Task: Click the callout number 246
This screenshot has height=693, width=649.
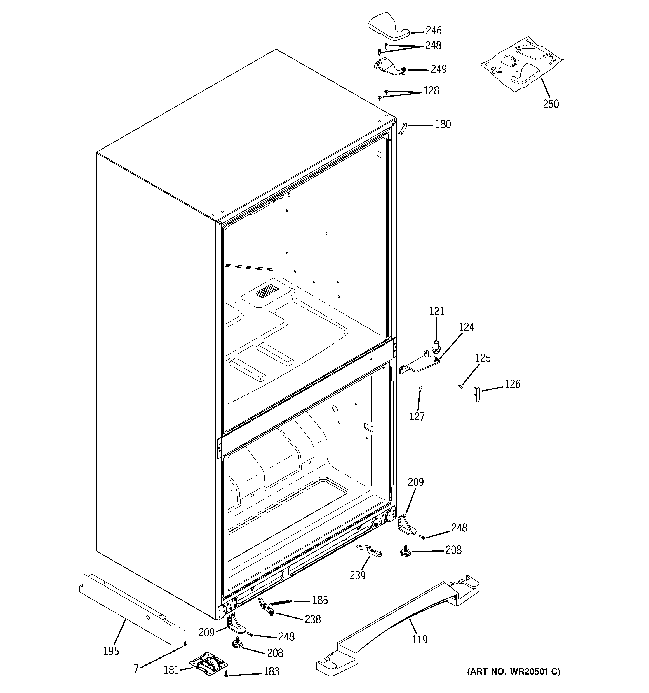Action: [433, 31]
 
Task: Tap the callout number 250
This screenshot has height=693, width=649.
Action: [551, 104]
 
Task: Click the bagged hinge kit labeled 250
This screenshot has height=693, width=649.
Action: [521, 64]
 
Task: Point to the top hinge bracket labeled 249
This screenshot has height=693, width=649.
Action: [389, 66]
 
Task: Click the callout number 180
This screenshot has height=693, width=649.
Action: [443, 124]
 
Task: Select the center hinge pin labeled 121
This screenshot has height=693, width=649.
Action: [434, 347]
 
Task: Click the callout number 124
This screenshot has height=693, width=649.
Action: [466, 327]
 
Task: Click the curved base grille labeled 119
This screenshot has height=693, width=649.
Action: [401, 624]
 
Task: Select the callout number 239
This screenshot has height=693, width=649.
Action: [358, 575]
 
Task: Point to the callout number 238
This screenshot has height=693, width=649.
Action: [312, 619]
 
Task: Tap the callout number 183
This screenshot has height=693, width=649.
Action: [271, 671]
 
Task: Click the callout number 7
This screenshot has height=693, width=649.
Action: [136, 668]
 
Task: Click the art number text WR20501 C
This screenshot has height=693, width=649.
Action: [514, 671]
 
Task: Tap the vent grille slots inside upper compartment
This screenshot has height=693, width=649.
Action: [267, 290]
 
